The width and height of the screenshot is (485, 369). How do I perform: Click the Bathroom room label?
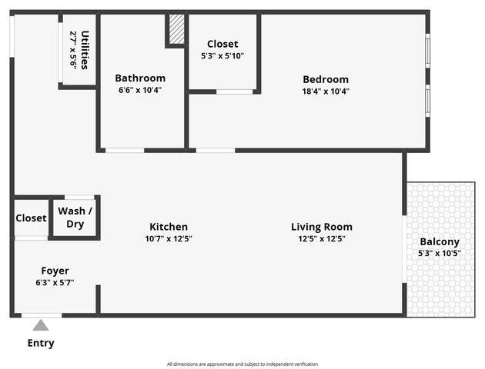(x=140, y=78)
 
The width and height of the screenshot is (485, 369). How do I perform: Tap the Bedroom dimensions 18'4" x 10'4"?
(x=325, y=91)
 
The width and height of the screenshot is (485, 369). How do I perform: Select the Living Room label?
(x=322, y=227)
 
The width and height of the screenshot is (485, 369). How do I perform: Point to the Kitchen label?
(x=169, y=227)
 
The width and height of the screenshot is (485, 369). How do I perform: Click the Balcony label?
(x=440, y=241)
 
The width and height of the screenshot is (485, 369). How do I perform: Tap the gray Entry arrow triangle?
(x=41, y=325)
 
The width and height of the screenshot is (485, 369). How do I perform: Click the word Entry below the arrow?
(x=41, y=343)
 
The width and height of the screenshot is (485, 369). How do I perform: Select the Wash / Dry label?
(x=75, y=218)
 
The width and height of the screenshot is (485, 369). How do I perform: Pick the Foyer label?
(x=55, y=271)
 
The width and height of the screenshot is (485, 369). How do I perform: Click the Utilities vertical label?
(x=85, y=49)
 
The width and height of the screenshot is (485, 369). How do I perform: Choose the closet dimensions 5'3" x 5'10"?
(x=222, y=56)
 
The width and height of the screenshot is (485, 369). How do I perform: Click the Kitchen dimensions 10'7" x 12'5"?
(x=169, y=239)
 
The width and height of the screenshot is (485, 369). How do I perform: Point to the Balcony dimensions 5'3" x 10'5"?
(x=440, y=253)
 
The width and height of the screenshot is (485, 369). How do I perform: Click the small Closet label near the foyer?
(x=31, y=218)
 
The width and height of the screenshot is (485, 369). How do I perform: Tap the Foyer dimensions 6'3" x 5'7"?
(x=55, y=282)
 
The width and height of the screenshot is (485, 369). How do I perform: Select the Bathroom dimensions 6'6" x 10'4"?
(x=140, y=90)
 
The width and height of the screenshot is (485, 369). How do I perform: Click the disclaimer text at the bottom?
(x=242, y=364)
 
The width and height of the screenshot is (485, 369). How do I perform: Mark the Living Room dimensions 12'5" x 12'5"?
(x=322, y=239)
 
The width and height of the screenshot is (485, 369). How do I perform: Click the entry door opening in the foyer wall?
(x=42, y=314)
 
